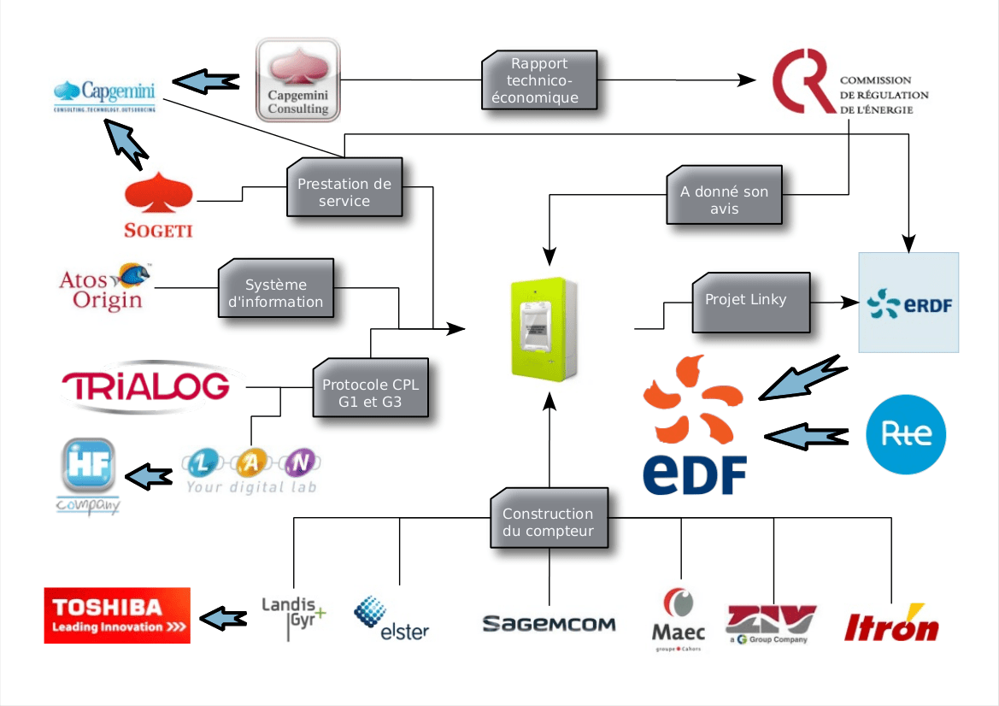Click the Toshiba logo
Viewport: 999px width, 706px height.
[117, 615]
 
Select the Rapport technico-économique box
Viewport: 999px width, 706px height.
[539, 80]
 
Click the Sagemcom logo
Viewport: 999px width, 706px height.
[549, 624]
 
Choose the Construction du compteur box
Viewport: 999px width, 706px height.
[548, 522]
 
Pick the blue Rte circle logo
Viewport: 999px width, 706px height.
[906, 434]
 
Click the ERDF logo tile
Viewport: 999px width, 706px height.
[908, 303]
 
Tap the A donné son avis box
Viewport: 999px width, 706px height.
[724, 200]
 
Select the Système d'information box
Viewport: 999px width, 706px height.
[275, 291]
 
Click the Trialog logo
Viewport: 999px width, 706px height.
[146, 386]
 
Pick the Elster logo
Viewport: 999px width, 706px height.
[391, 619]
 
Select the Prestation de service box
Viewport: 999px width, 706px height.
[344, 191]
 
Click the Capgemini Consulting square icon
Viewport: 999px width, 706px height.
[298, 79]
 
